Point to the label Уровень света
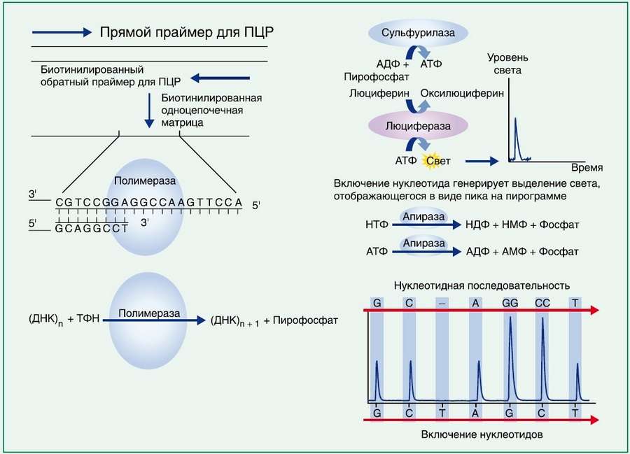pos(512,64)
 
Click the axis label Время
pos(587,169)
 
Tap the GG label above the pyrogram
pos(510,304)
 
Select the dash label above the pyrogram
pos(442,304)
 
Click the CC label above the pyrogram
pos(543,304)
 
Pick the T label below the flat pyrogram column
pos(442,413)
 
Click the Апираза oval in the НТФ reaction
pos(423,218)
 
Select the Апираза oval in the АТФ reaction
pos(423,243)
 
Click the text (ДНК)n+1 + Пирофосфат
pos(274,320)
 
